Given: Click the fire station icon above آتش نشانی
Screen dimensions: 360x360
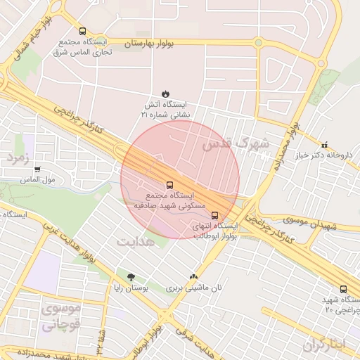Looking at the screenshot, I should pos(165,93).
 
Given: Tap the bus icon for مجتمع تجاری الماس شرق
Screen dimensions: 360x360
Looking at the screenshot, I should pos(83,32).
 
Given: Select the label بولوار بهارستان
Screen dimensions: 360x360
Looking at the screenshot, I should pos(148,44).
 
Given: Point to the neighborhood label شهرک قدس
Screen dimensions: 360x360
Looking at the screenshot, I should pos(236,143).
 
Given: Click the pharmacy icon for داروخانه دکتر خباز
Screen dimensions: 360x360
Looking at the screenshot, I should pos(324,144).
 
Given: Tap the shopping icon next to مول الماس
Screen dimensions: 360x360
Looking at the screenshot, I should pos(37,169).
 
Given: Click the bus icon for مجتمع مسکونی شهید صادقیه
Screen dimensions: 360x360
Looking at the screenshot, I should pos(167,184).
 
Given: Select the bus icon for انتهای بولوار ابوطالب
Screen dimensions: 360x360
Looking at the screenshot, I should pos(214,216).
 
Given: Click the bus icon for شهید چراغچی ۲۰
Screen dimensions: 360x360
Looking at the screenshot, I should pos(343,289).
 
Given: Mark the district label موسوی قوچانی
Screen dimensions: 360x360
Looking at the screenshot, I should pos(61,316).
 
